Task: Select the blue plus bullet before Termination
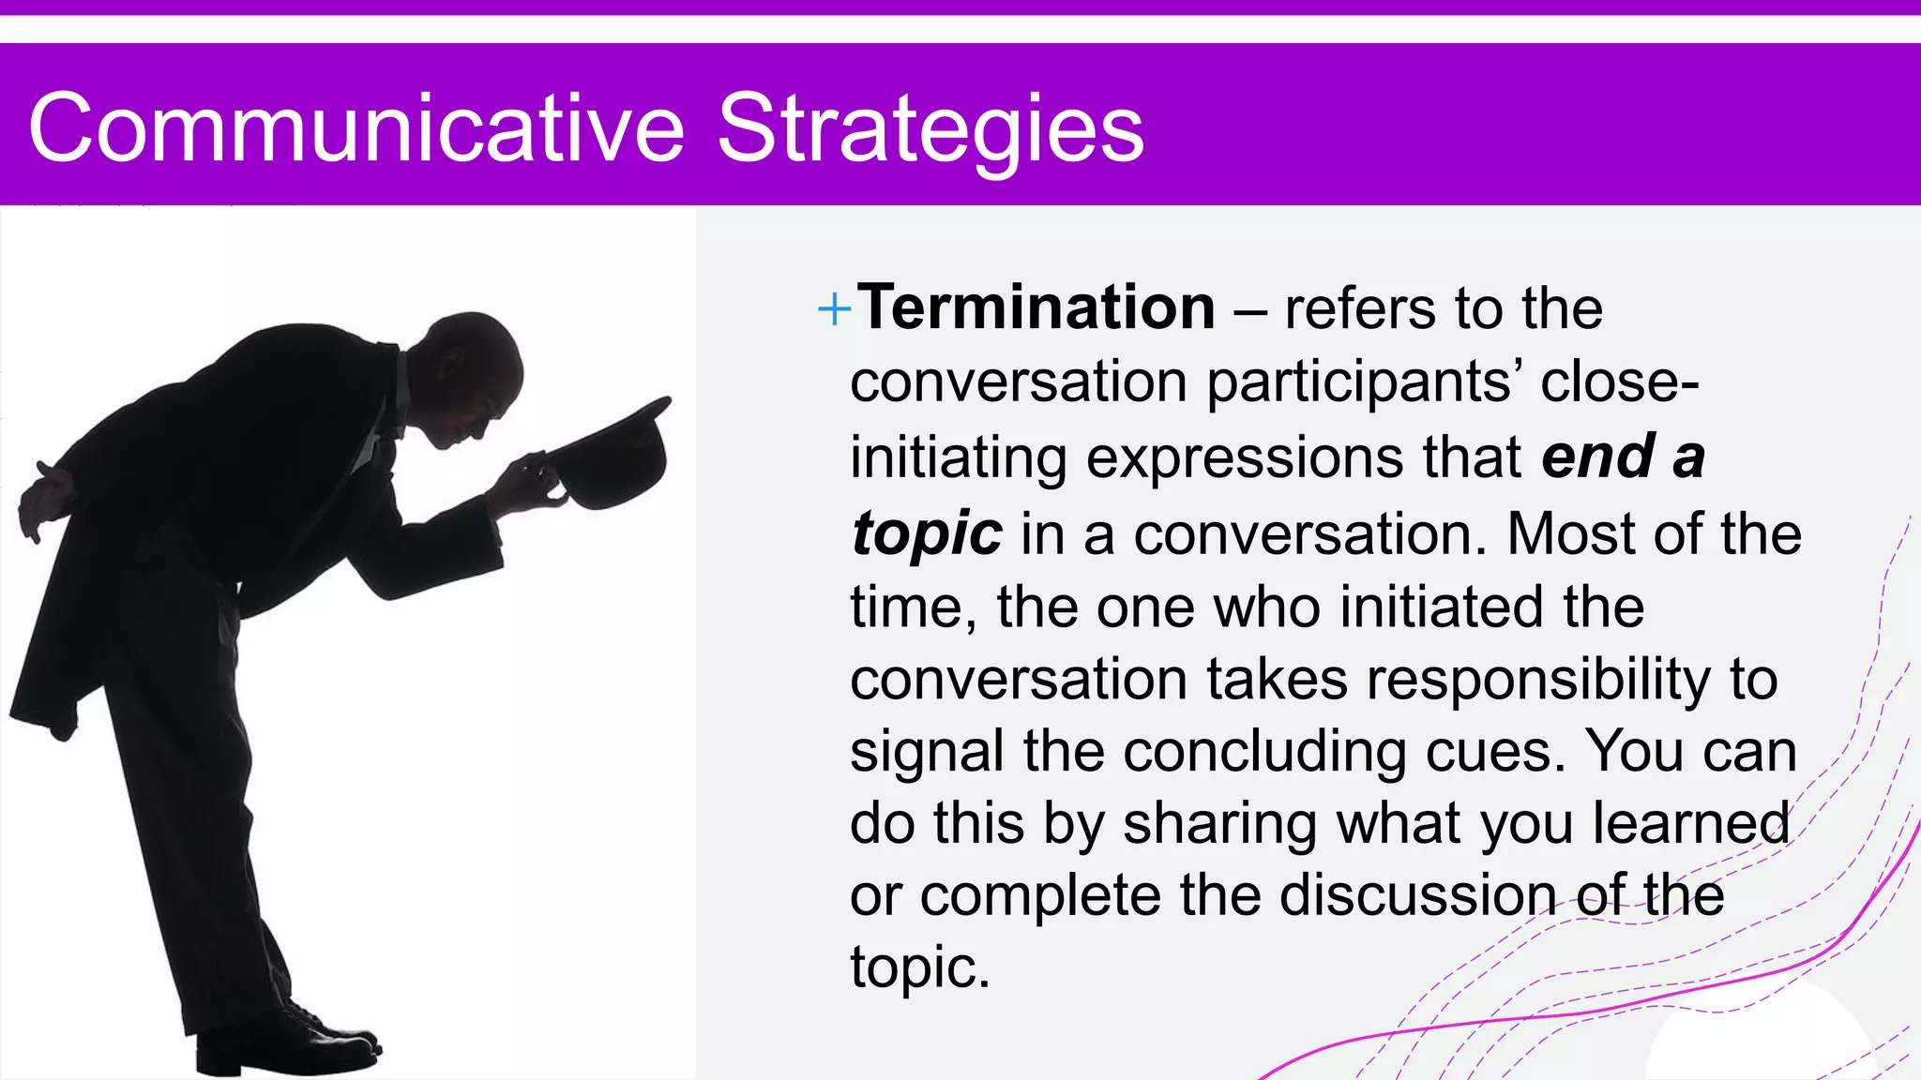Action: (834, 308)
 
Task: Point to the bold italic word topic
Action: (926, 534)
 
